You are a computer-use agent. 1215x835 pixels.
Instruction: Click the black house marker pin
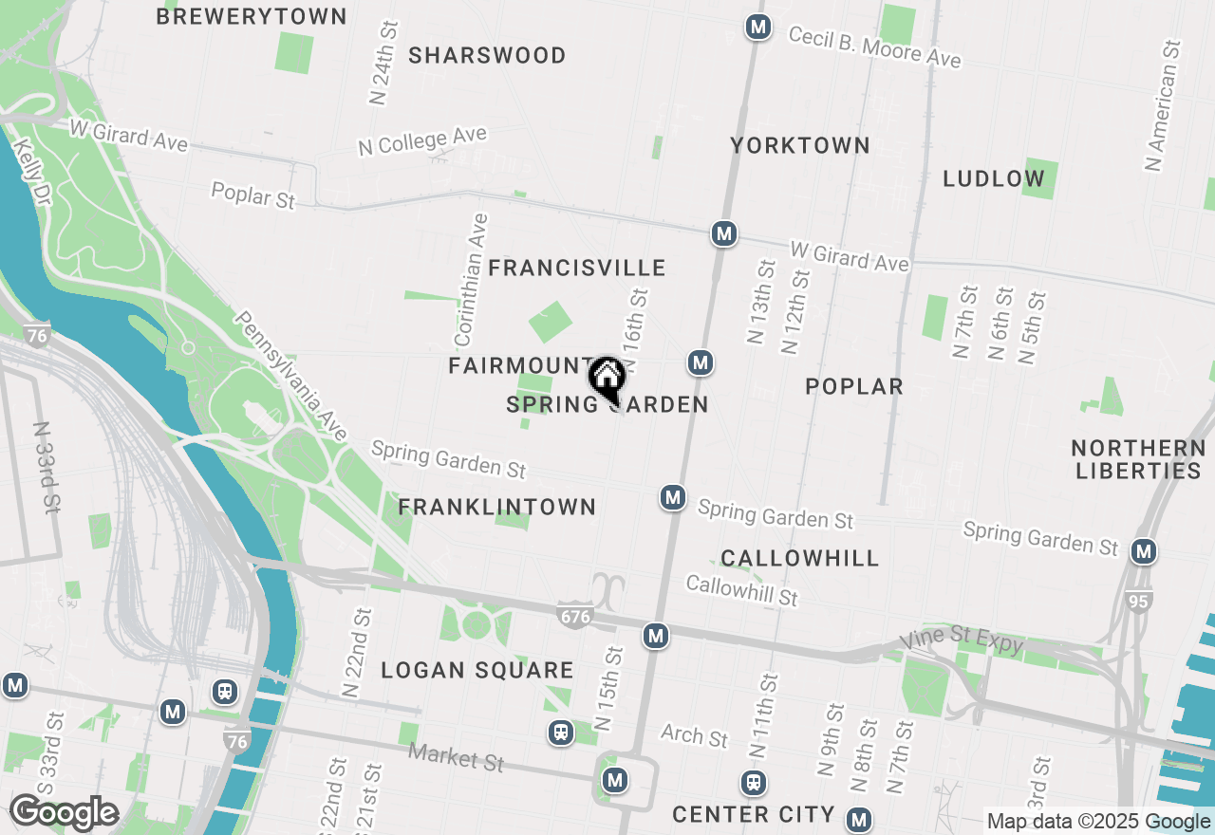click(607, 378)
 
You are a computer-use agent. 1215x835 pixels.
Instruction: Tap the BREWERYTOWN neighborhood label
click(252, 16)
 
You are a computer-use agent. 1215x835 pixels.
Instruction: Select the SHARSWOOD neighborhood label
click(487, 56)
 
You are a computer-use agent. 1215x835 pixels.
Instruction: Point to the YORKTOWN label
click(800, 145)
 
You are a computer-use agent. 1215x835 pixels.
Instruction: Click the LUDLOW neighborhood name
click(994, 178)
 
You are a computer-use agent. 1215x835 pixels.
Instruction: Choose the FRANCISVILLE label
click(577, 269)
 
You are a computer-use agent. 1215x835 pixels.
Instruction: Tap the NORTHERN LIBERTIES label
click(1137, 459)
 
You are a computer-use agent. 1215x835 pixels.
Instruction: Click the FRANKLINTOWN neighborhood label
click(497, 508)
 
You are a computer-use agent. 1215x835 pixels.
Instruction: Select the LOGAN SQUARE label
click(477, 671)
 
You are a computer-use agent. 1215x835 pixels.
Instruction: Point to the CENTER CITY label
click(754, 814)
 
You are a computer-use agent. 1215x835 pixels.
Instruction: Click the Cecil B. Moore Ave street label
click(874, 46)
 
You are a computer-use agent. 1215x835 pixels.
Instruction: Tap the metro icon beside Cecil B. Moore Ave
click(757, 27)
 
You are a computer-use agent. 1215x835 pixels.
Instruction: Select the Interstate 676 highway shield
click(575, 615)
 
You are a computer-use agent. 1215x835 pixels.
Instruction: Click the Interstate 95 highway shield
click(1140, 601)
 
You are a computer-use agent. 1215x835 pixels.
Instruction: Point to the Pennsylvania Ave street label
click(291, 376)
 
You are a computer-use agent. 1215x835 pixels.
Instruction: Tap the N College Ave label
click(422, 142)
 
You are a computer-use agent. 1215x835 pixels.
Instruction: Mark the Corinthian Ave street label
click(471, 280)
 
